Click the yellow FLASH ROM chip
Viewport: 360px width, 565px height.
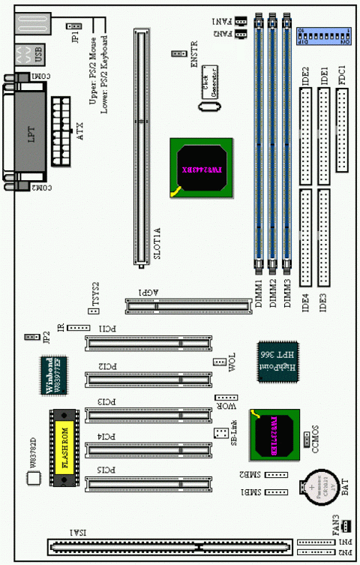pos(65,449)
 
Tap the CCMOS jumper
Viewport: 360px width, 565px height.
pos(308,438)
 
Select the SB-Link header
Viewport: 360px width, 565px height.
pos(220,434)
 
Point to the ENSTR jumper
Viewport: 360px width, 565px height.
pos(178,54)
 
